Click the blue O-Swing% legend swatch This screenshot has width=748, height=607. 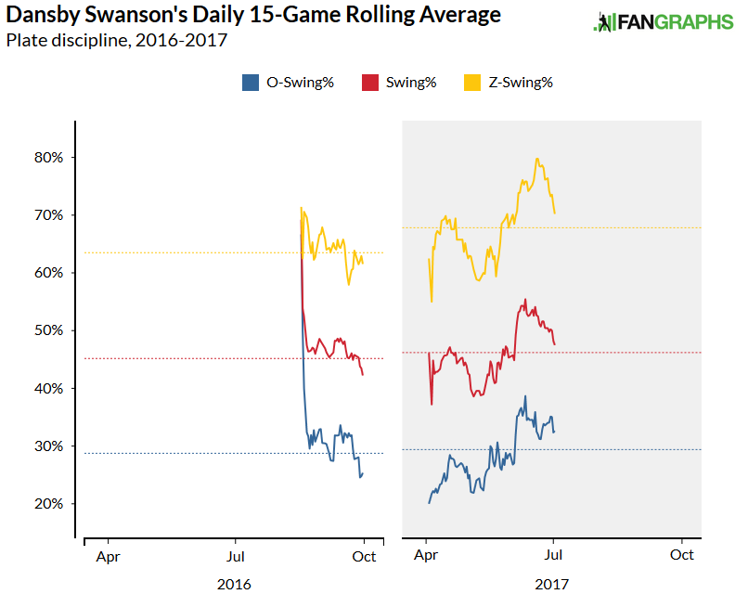[x=250, y=83]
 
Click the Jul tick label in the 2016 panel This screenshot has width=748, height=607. [x=235, y=555]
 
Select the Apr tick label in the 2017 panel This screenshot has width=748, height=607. [x=426, y=555]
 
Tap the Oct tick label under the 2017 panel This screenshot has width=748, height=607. [x=682, y=555]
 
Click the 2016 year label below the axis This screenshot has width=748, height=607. [x=234, y=585]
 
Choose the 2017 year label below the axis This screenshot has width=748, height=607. [x=552, y=585]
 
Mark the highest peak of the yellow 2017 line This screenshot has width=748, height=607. [x=537, y=159]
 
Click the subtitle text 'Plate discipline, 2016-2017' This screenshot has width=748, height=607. [x=116, y=40]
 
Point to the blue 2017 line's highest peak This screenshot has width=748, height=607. [x=525, y=396]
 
